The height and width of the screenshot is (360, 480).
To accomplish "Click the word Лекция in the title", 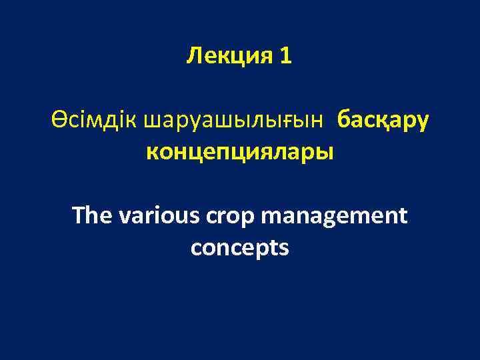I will (x=226, y=57).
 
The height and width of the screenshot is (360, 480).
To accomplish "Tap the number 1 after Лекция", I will (x=286, y=57).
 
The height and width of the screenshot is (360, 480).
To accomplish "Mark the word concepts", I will (x=240, y=248).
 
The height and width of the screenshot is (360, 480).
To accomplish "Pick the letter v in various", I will (x=125, y=217).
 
